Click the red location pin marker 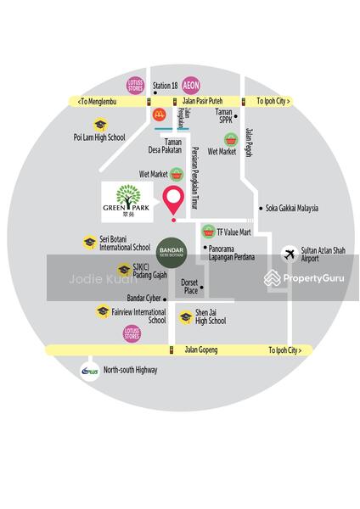point(173,201)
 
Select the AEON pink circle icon point(190,86)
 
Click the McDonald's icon point(158,113)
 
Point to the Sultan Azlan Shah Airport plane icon point(290,254)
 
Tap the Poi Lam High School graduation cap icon point(100,125)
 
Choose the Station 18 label point(165,87)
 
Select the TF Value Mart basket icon point(207,231)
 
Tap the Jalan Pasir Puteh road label point(202,101)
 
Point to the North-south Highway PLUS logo point(89,371)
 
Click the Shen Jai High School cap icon point(185,317)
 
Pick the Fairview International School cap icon point(103,312)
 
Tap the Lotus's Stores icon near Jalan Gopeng point(132,333)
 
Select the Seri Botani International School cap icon point(88,243)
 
